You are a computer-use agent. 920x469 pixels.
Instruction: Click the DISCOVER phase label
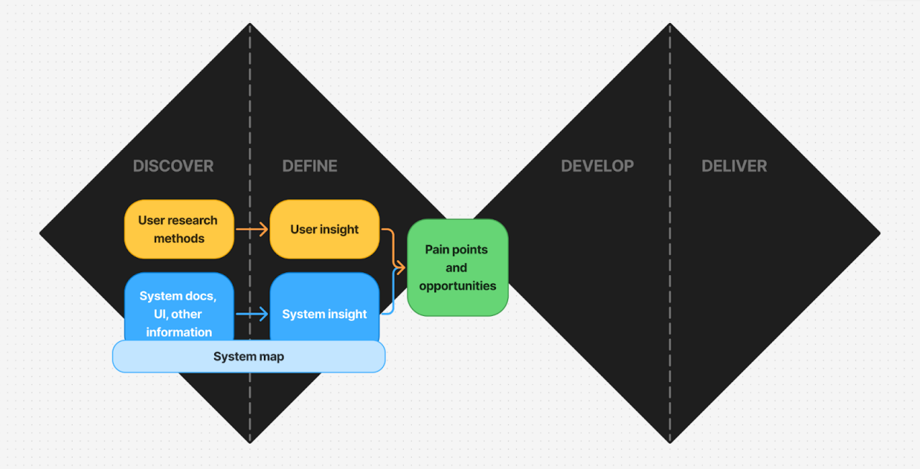(x=173, y=166)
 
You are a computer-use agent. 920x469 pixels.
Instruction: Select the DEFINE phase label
(x=310, y=166)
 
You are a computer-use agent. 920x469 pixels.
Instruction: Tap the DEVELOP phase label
(x=597, y=166)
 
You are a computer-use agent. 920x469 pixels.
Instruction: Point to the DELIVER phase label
(x=734, y=166)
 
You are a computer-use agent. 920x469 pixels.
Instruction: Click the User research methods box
(x=179, y=229)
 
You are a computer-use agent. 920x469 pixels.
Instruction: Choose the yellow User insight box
(x=324, y=229)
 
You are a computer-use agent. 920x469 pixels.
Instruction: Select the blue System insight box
(x=324, y=309)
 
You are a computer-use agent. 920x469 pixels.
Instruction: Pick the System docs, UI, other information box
(x=179, y=305)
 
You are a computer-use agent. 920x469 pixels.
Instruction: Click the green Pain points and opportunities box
(x=458, y=267)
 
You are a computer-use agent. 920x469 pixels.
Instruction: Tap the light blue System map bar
(x=249, y=356)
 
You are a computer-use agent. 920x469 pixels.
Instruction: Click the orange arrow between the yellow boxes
(x=252, y=230)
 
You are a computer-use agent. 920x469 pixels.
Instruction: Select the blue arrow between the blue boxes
(x=252, y=314)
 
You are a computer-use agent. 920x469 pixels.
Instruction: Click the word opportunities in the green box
(x=458, y=286)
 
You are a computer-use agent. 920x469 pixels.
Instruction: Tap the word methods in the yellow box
(x=179, y=238)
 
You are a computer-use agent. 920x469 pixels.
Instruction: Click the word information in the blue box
(x=179, y=332)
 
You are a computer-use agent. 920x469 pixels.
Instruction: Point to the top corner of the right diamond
(x=670, y=25)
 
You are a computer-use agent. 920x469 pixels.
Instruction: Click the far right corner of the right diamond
(x=878, y=233)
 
